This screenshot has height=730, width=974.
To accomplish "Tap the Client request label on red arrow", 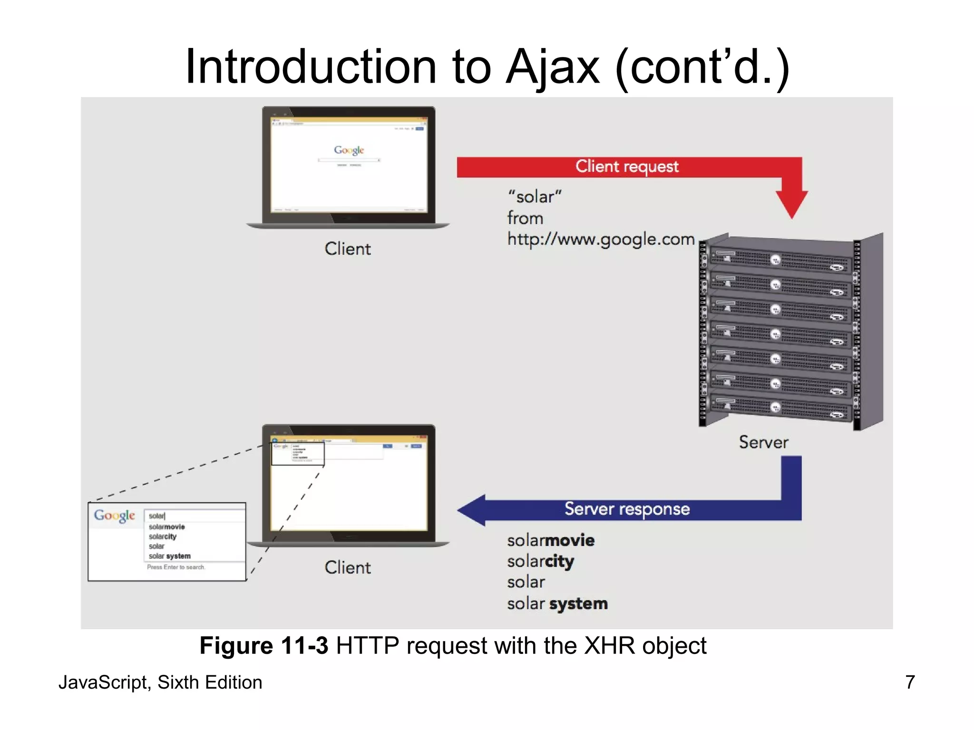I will (x=627, y=166).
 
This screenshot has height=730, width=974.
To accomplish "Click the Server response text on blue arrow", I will (x=627, y=509).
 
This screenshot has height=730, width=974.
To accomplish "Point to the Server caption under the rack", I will (x=763, y=442).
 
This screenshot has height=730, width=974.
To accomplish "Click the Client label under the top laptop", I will (x=347, y=249).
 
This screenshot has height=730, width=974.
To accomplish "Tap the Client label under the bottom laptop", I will (x=347, y=567).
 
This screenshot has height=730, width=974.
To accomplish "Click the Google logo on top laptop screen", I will (x=349, y=150).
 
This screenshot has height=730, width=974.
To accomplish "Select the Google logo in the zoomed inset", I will (x=115, y=516).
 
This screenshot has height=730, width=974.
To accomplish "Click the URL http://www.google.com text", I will (x=601, y=239).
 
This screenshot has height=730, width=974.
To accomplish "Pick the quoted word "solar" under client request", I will (x=535, y=197).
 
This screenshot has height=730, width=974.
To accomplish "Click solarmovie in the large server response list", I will (x=550, y=541).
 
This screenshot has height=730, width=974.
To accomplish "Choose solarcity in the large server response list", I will (x=540, y=562).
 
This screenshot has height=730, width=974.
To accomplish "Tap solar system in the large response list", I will (x=557, y=604).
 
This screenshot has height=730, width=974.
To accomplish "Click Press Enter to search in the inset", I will (x=176, y=567).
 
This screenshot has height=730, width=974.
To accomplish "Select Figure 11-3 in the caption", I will (x=263, y=646).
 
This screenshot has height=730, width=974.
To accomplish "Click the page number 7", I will (x=910, y=682).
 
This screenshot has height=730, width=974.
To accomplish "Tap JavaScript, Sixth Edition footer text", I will (x=160, y=682).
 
